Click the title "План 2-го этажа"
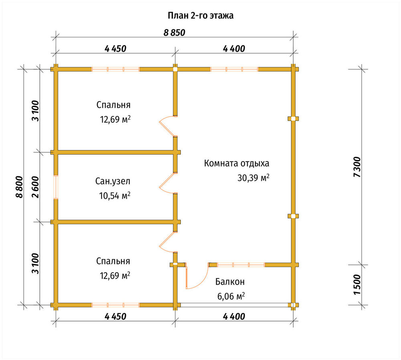point(200,16)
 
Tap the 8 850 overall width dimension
point(174,33)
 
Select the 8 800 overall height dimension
point(19,187)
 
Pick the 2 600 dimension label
point(36,187)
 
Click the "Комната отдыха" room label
point(237,164)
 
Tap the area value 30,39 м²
point(253,178)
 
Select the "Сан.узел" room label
point(113,181)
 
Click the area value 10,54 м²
point(115,196)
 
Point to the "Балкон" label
point(230,282)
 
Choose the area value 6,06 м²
point(231,296)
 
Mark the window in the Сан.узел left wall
point(56,187)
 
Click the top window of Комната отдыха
point(234,69)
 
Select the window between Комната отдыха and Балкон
point(241,265)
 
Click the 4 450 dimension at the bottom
point(115,317)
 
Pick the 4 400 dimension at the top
point(234,49)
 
